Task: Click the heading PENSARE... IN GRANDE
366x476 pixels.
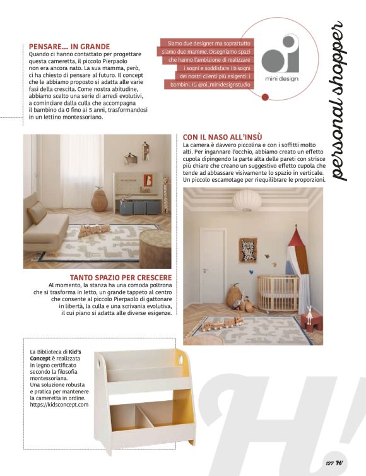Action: pos(70,46)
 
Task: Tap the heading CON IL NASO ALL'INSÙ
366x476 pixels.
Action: pos(222,137)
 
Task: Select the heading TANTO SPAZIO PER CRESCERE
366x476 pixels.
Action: pos(121,277)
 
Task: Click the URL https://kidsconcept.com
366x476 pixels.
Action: pos(59,404)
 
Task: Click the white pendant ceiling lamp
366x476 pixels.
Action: pos(247,200)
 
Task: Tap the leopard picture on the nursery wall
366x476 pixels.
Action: pos(248,250)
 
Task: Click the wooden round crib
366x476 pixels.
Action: pos(277,294)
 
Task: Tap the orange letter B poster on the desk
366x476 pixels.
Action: pos(148,180)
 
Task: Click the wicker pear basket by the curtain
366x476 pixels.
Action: pos(99,201)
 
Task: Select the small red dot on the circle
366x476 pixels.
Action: pos(266,97)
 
